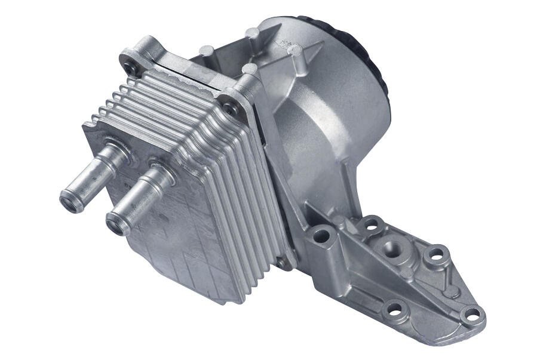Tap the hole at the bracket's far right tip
click(x=472, y=314)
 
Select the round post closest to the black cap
click(x=293, y=50)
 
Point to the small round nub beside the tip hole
click(x=453, y=292)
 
